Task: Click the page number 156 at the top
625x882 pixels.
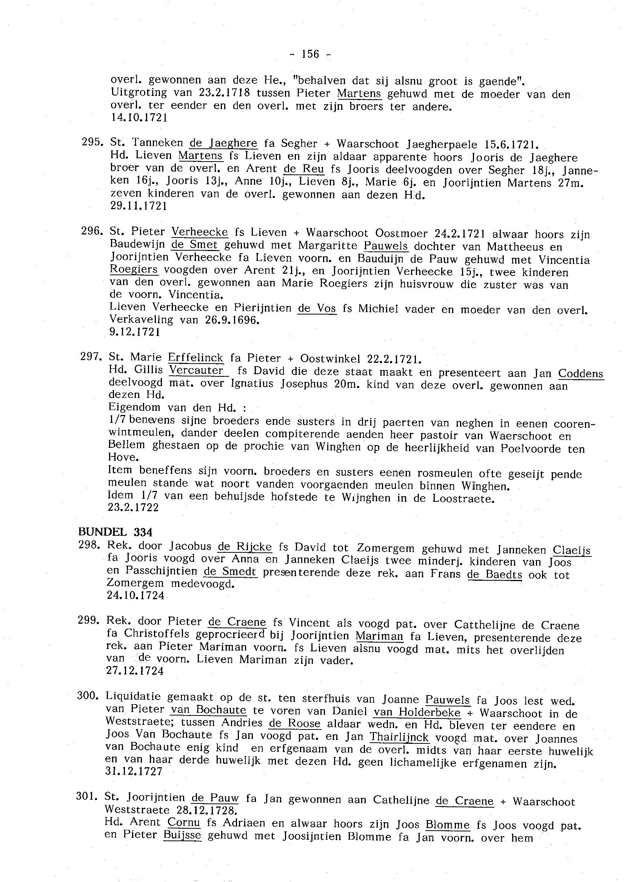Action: coord(310,54)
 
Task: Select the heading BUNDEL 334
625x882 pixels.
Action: coord(115,532)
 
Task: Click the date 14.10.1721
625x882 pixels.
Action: coord(139,118)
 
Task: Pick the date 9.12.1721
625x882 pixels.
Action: coord(135,332)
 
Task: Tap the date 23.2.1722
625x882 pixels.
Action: coord(133,507)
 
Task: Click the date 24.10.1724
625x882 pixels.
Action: coord(135,595)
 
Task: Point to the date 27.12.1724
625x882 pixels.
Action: coord(135,671)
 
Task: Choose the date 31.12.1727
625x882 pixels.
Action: coord(134,771)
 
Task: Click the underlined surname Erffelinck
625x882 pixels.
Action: coord(196,358)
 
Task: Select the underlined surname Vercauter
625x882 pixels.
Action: coord(197,370)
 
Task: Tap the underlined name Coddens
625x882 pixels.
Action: coord(580,373)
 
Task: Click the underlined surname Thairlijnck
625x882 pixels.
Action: coord(399,737)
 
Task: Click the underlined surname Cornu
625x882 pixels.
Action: coord(183,823)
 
